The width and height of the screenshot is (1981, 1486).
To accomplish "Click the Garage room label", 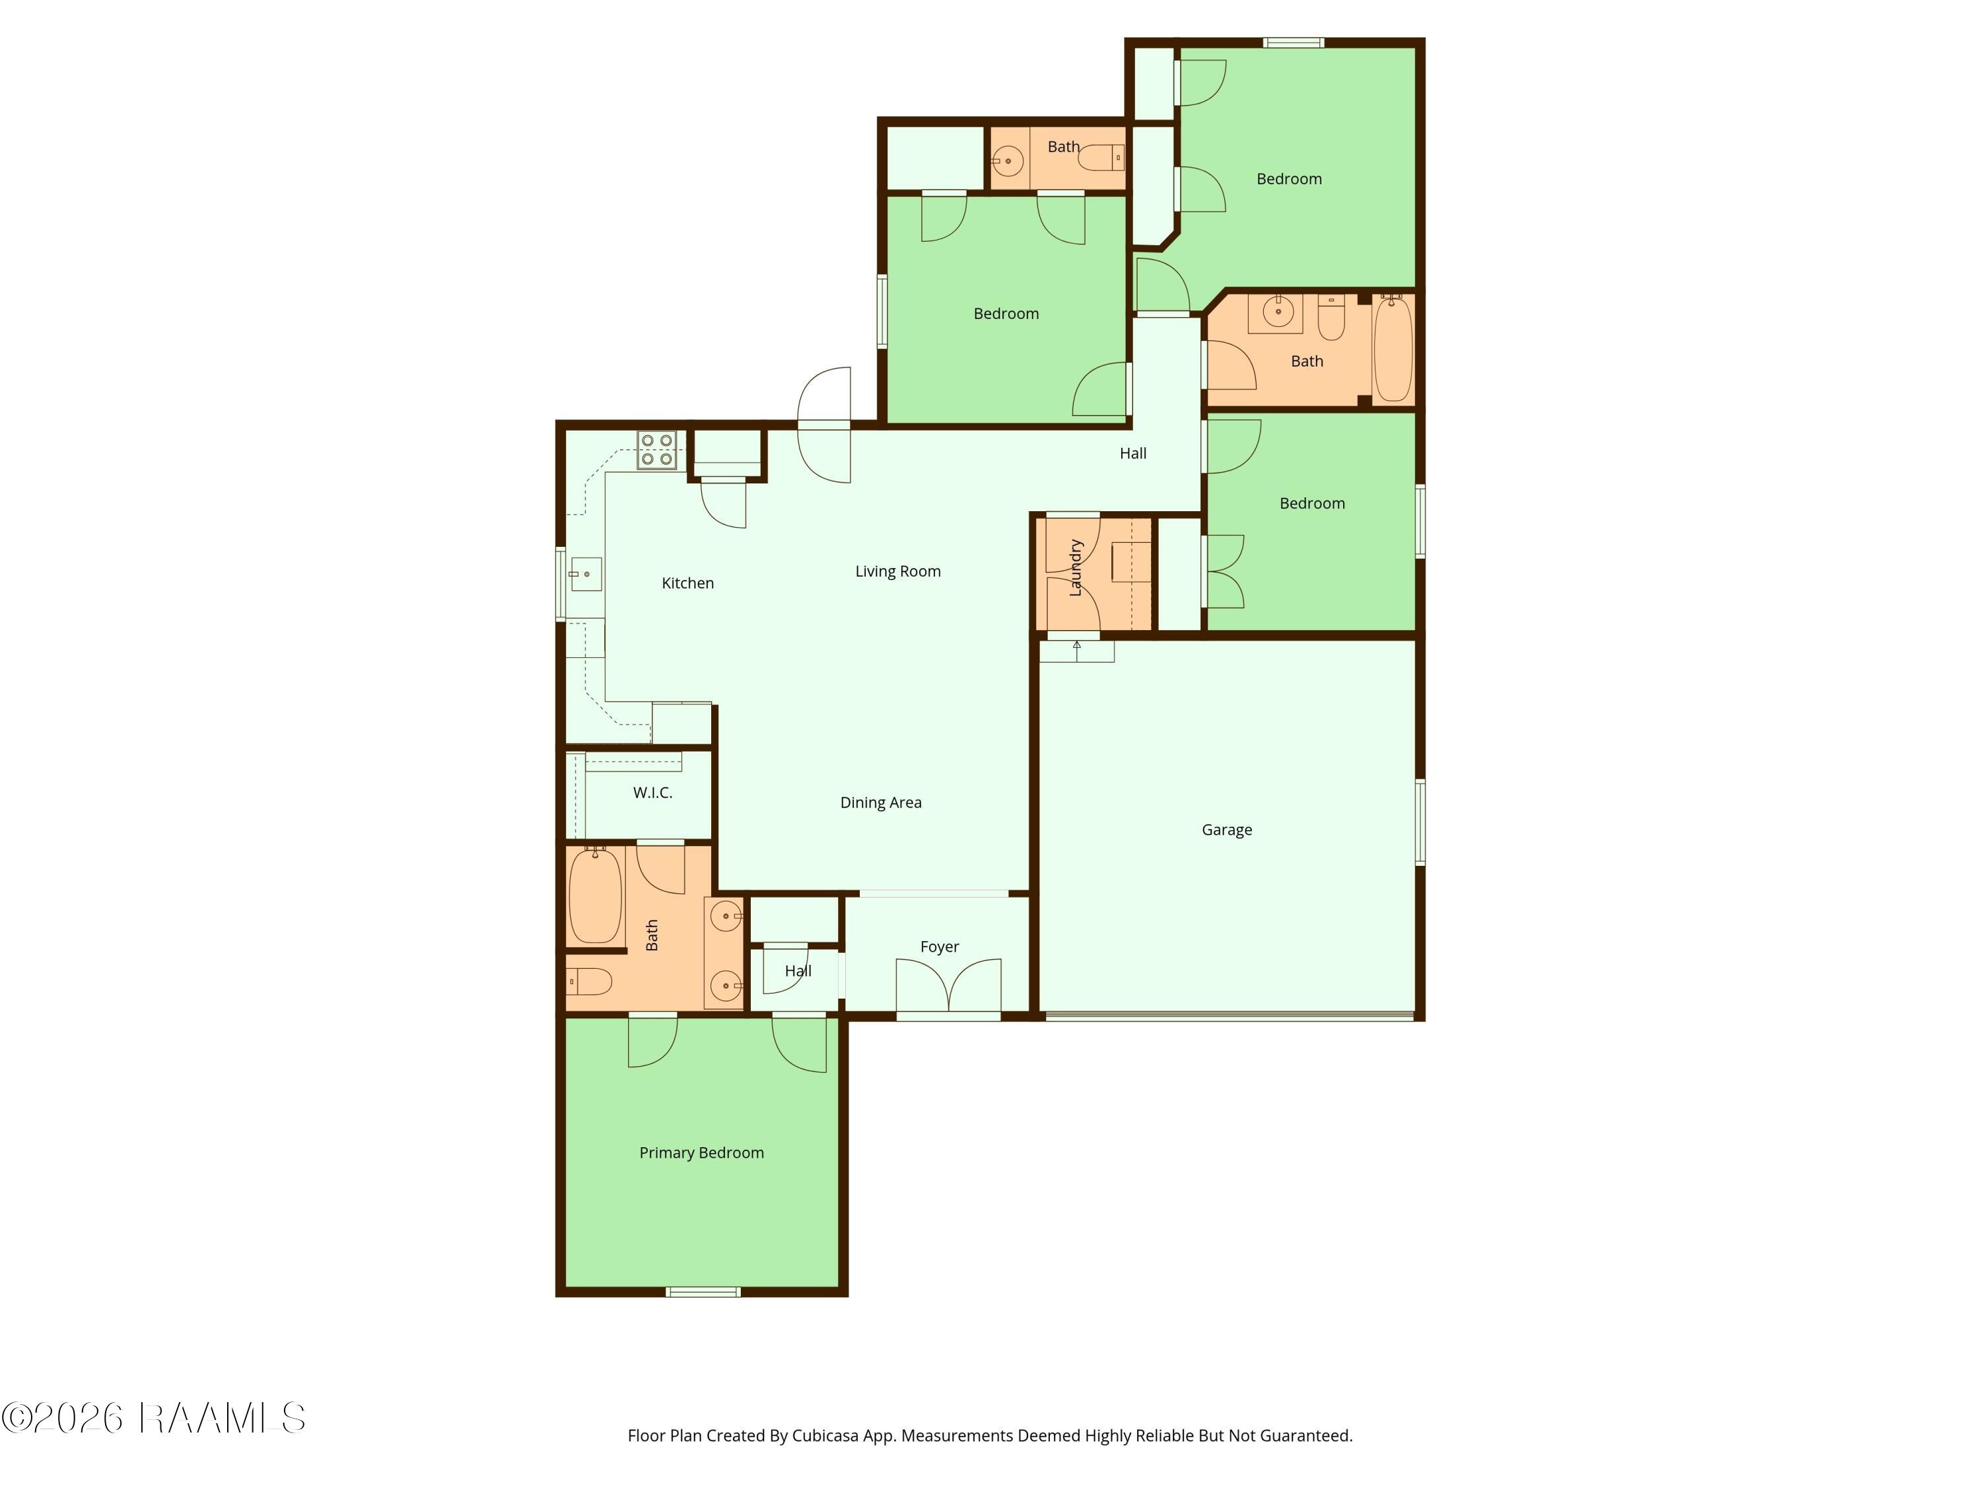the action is coord(1226,830).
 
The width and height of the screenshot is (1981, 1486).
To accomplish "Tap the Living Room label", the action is coord(897,571).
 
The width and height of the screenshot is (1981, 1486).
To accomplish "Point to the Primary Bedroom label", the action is coord(701,1152).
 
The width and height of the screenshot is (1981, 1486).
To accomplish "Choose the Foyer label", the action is coord(940,947).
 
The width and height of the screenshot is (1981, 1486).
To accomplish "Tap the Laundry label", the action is coord(1076,568).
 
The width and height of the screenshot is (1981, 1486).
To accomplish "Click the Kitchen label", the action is coord(688,583).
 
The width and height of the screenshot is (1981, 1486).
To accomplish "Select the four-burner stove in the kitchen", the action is coord(656,450).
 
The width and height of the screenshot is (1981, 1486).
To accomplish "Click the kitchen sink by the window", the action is coord(585,574).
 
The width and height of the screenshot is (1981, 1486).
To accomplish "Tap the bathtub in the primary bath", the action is coord(596,895).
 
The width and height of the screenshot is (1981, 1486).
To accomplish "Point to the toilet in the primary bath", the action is coord(588,981).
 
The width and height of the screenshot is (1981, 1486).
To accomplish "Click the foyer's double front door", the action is coord(948,987).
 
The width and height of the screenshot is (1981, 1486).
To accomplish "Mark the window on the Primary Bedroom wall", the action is coord(703,1292).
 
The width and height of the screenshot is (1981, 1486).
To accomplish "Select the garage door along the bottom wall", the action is coord(1230,1016).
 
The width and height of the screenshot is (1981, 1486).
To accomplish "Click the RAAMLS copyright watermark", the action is coord(153,1418).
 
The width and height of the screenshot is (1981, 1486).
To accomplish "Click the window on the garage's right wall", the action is coord(1420,822).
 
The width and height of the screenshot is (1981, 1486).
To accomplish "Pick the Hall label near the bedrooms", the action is coord(1133,453).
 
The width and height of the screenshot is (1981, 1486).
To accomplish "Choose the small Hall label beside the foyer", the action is coord(798,971).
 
